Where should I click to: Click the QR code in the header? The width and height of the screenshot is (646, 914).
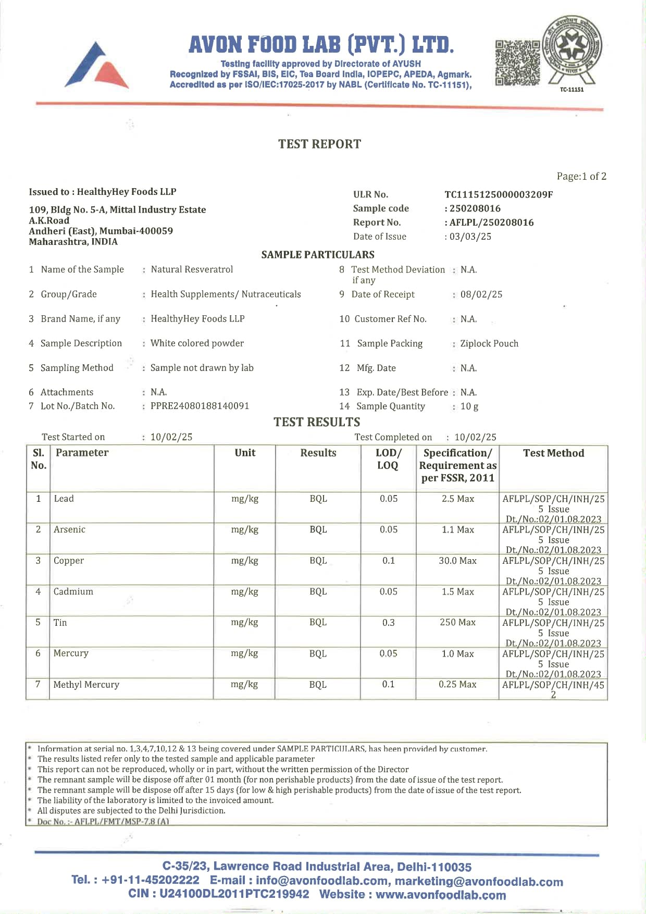(x=518, y=63)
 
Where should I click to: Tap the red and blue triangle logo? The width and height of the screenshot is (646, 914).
(x=97, y=66)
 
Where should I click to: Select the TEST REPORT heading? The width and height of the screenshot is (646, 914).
(x=319, y=144)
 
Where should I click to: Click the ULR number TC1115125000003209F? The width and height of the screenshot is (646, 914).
(x=499, y=195)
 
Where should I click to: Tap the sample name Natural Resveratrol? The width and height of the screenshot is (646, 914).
(x=192, y=269)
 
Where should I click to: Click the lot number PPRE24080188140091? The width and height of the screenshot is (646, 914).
(x=200, y=406)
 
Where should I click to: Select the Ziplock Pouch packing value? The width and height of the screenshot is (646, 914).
(x=489, y=343)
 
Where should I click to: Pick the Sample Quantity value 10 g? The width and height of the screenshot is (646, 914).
(x=469, y=406)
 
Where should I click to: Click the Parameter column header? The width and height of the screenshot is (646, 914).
(x=82, y=453)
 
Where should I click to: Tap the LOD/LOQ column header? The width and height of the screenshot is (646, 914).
(x=388, y=459)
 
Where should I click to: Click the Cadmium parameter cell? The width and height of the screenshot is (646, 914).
(x=73, y=592)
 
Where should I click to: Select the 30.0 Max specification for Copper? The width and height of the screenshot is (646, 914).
(x=457, y=561)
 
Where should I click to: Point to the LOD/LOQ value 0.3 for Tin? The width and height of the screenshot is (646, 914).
(x=388, y=623)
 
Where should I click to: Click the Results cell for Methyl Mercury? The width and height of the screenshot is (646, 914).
(x=318, y=685)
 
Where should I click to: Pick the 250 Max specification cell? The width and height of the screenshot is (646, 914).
(x=457, y=623)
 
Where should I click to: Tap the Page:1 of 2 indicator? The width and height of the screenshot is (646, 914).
(x=581, y=177)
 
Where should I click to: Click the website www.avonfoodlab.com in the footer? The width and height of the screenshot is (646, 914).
(x=441, y=895)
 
